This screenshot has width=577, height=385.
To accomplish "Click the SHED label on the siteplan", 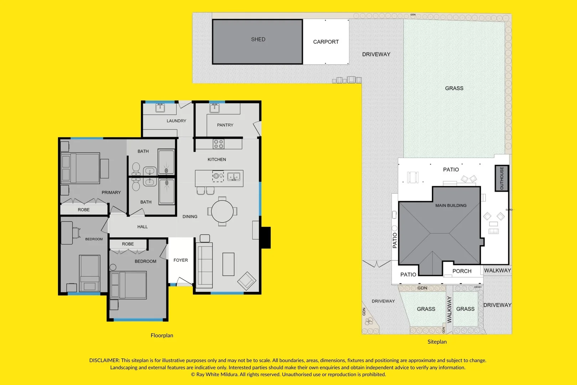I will click(x=258, y=39).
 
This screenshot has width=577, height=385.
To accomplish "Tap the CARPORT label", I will click(x=326, y=42).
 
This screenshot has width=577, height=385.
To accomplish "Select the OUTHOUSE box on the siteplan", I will click(x=501, y=178).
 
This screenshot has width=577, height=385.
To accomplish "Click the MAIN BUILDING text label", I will click(x=451, y=205).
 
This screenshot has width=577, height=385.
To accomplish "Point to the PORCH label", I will click(x=462, y=271).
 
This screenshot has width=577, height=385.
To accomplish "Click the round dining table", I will click(x=222, y=211).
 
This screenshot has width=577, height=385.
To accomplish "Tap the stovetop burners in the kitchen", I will click(x=218, y=144).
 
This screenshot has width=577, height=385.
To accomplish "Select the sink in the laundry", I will click(x=160, y=107).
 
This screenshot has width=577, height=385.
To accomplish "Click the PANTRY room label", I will click(x=225, y=125).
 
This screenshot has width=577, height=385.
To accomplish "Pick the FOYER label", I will click(x=181, y=260).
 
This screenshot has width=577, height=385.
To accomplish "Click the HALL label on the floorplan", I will click(x=142, y=227).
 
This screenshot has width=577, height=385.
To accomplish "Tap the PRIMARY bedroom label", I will click(x=111, y=192).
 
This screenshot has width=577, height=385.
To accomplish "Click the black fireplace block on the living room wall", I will click(x=265, y=237).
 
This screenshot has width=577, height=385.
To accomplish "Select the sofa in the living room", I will click(x=204, y=265).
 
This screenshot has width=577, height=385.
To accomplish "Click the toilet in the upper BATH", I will click(x=136, y=168).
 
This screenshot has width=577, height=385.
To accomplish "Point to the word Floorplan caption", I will click(x=162, y=335).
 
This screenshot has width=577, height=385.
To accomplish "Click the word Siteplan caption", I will click(x=437, y=342).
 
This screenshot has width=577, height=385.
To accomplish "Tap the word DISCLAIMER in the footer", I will click(x=104, y=360).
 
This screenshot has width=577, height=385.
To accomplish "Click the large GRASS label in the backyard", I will click(x=454, y=88).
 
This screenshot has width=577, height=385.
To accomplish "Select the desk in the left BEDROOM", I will click(x=67, y=232).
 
